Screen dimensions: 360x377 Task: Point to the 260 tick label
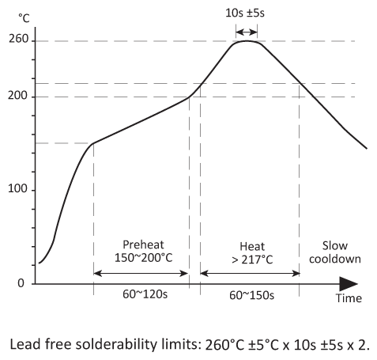[18, 40]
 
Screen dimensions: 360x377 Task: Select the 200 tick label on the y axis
[18, 97]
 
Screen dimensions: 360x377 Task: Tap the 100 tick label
[18, 190]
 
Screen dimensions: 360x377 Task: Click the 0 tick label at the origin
[21, 283]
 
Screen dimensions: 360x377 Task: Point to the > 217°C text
[250, 260]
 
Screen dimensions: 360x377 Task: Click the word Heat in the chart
[250, 246]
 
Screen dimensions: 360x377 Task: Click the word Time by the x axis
[348, 298]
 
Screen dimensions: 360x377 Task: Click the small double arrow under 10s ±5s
[247, 32]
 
